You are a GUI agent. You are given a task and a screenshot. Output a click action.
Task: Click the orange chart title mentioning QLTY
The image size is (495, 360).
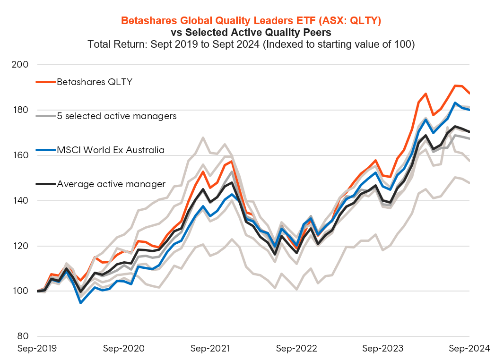tap(251, 21)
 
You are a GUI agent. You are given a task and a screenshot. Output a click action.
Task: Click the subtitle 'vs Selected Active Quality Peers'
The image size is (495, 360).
tap(251, 33)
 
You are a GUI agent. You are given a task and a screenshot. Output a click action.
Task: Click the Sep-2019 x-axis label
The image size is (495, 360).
tap(37, 349)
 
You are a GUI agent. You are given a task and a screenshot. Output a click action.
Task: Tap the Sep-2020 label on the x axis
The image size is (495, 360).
tap(124, 349)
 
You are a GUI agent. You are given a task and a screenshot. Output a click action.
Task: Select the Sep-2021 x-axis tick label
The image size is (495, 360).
tap(210, 349)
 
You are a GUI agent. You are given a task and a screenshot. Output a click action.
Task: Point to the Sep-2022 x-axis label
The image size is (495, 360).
tap(296, 349)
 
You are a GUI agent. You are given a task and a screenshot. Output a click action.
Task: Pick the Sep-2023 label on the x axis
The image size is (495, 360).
tap(383, 349)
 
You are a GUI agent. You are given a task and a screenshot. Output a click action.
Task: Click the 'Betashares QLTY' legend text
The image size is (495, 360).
tap(94, 82)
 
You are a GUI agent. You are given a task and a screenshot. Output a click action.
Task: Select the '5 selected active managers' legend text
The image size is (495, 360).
tap(116, 116)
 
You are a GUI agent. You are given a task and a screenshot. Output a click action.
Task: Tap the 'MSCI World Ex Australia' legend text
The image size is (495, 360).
tap(111, 150)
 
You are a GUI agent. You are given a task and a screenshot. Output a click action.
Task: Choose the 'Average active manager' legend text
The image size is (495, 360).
tap(111, 184)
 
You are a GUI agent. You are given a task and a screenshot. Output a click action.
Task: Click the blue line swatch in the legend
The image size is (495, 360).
tap(46, 150)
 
